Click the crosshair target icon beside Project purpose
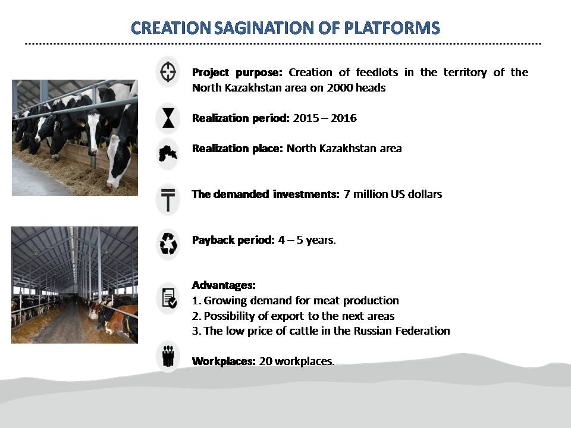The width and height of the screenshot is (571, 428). click(x=168, y=72)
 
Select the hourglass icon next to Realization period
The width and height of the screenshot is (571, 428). click(x=168, y=118)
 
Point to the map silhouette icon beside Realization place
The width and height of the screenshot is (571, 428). click(x=168, y=153)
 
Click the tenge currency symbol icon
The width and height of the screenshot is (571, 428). click(x=168, y=200)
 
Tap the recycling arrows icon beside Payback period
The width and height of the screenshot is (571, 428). click(x=168, y=244)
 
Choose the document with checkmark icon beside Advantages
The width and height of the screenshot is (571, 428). click(x=169, y=298)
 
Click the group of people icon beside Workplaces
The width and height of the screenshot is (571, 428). click(x=168, y=356)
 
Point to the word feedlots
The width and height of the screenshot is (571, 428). click(x=377, y=72)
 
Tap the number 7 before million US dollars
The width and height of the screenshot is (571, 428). click(x=346, y=194)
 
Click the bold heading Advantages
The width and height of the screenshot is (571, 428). click(x=224, y=285)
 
